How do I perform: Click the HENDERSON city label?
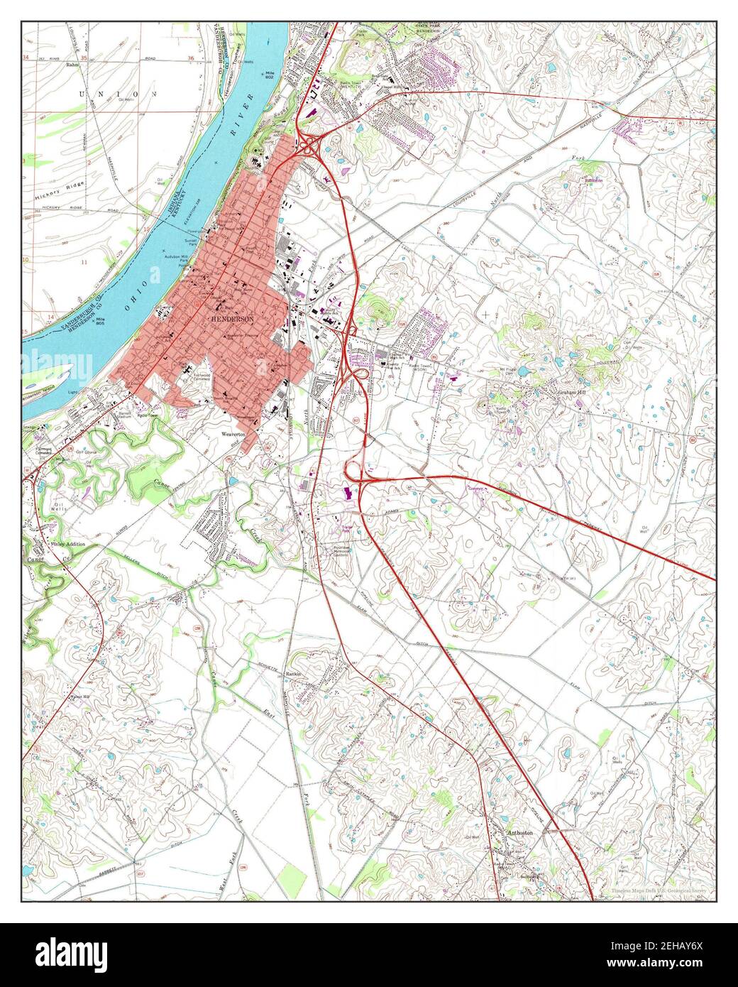click(x=232, y=320)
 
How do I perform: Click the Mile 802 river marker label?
click(x=270, y=75)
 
